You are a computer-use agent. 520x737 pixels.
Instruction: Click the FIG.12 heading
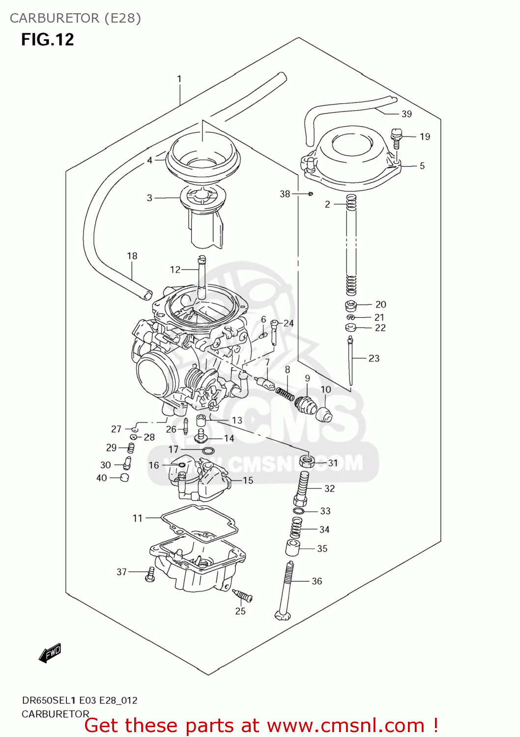pyautogui.click(x=47, y=39)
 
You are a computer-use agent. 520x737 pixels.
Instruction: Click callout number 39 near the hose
pyautogui.click(x=406, y=114)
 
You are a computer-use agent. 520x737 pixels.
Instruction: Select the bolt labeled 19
pyautogui.click(x=396, y=138)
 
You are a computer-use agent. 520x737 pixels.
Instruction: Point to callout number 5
pyautogui.click(x=422, y=166)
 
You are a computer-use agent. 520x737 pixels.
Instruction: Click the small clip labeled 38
pyautogui.click(x=311, y=194)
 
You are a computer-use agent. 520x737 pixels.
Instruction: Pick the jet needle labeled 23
pyautogui.click(x=350, y=361)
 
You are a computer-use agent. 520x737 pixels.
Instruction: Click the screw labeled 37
pyautogui.click(x=150, y=574)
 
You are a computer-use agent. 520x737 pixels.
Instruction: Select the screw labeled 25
pyautogui.click(x=243, y=596)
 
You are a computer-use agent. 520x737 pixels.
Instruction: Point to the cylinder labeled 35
pyautogui.click(x=292, y=548)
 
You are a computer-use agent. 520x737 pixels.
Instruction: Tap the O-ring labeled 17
pyautogui.click(x=208, y=451)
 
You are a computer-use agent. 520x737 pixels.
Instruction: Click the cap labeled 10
pyautogui.click(x=323, y=414)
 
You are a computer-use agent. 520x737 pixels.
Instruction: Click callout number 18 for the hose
pyautogui.click(x=132, y=256)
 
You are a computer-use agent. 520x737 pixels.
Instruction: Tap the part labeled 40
pyautogui.click(x=124, y=478)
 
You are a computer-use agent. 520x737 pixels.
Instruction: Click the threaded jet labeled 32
pyautogui.click(x=303, y=488)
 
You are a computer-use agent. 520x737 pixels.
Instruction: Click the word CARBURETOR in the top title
pyautogui.click(x=55, y=18)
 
